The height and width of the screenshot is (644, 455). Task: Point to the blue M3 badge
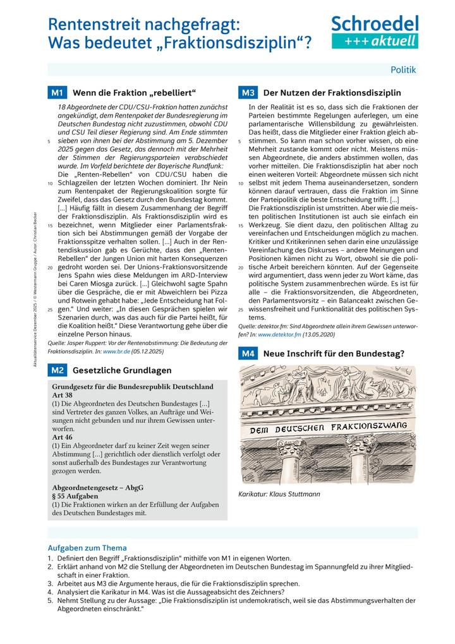248,93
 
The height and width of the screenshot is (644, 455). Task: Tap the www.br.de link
116,351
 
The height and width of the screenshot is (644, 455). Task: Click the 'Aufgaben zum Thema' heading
87,548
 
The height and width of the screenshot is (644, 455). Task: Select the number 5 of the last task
50,601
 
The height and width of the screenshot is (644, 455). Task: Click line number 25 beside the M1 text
49,310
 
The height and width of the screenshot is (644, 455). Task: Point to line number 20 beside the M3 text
240,267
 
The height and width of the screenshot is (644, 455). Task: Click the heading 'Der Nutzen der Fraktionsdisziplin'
328,93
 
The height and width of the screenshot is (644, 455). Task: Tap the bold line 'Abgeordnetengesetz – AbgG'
97,487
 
